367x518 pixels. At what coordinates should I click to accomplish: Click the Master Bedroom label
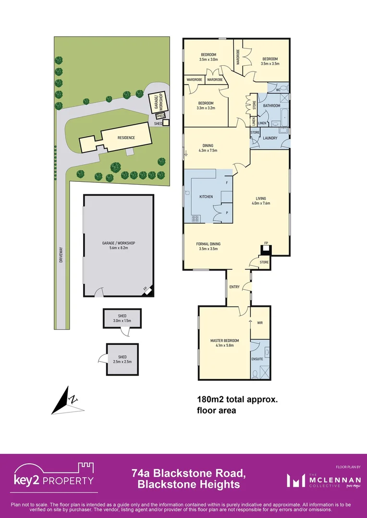(x=224, y=341)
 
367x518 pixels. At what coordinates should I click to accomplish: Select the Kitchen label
(x=206, y=197)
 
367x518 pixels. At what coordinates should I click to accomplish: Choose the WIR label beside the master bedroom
(x=260, y=323)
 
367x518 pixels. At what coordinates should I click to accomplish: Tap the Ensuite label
(x=257, y=358)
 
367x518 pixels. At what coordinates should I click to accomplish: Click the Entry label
(x=234, y=287)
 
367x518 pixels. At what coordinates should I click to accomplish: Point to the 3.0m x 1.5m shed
(x=122, y=318)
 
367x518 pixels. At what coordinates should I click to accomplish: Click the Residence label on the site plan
(x=126, y=138)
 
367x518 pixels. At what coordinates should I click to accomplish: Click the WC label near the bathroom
(x=278, y=90)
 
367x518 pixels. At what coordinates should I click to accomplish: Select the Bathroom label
(x=272, y=106)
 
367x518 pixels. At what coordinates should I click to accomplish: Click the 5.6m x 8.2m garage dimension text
(x=119, y=248)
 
